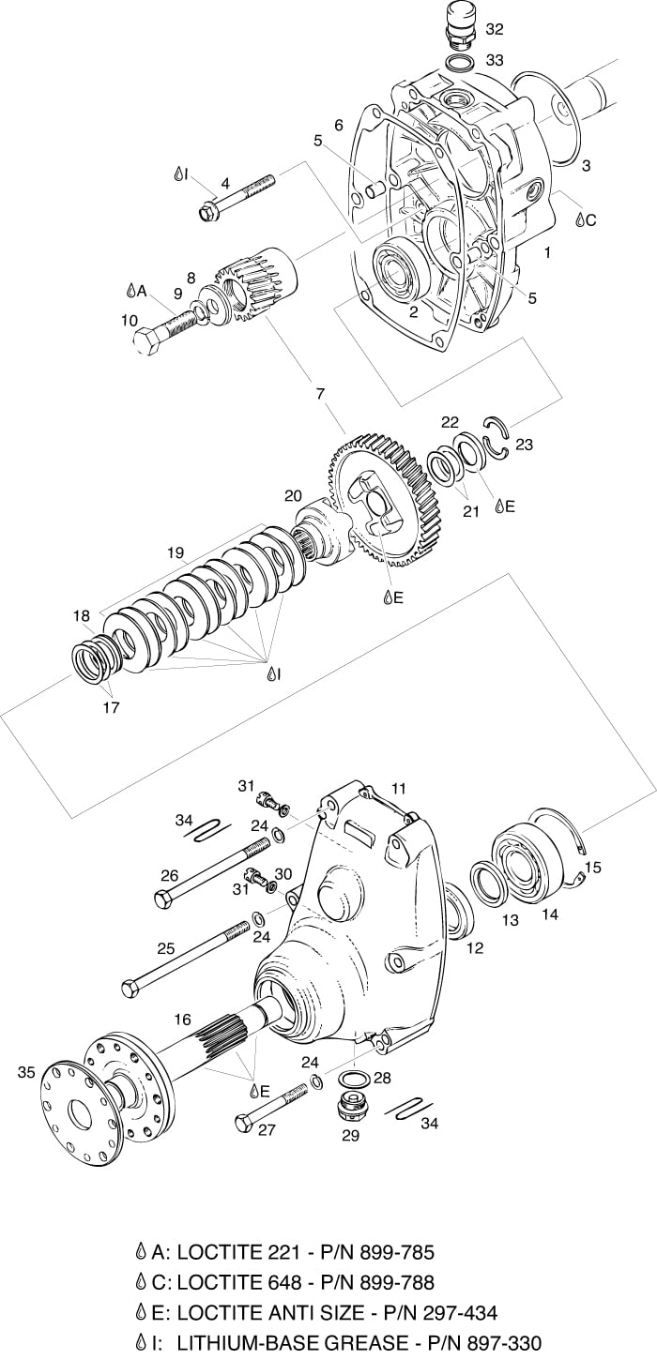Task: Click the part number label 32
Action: [495, 29]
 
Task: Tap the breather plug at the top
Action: [462, 25]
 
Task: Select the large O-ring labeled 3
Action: [545, 118]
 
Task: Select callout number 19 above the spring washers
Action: [176, 553]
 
